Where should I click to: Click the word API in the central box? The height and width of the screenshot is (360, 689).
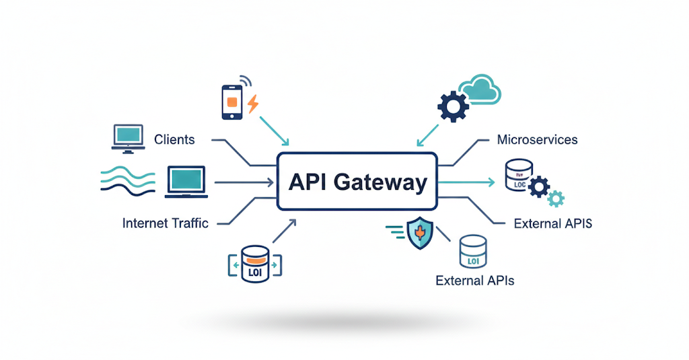click(308, 182)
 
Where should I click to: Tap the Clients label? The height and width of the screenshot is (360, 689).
click(174, 140)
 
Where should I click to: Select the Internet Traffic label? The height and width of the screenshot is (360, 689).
click(166, 223)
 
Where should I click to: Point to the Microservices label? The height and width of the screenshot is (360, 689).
click(537, 140)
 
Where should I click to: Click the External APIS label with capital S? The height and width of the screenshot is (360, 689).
click(552, 223)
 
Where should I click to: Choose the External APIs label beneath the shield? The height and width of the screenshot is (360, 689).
click(475, 280)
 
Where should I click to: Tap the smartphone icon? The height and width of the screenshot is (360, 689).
click(232, 102)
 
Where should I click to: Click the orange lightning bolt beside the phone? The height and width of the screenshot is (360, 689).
click(253, 104)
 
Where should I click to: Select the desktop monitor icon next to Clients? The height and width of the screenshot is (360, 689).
click(128, 137)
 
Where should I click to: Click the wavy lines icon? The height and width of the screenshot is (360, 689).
click(125, 182)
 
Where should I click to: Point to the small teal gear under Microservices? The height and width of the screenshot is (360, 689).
click(556, 199)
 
